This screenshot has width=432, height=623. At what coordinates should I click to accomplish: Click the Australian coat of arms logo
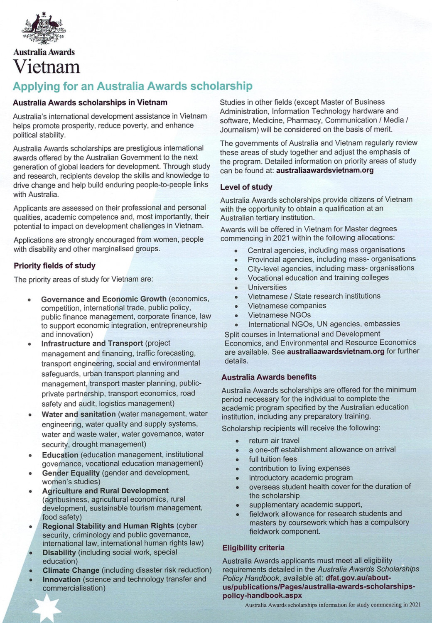tap(44, 29)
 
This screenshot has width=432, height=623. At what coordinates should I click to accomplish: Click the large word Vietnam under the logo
tap(47, 66)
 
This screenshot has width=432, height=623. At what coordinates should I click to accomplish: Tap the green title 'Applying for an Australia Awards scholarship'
tap(133, 86)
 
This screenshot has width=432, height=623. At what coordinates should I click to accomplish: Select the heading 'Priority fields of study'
tap(54, 265)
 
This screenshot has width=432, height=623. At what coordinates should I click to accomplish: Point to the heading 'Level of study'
tap(246, 187)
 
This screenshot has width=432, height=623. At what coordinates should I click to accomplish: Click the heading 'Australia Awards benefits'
tap(269, 377)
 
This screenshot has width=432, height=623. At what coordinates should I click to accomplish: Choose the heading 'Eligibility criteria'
tap(253, 547)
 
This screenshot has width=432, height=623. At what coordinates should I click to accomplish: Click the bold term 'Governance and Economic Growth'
tap(103, 299)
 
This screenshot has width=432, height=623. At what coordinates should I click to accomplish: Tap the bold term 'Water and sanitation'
tap(79, 414)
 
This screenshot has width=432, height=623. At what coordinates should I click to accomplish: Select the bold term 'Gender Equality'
tap(71, 473)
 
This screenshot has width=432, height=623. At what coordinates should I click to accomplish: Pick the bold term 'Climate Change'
tap(71, 570)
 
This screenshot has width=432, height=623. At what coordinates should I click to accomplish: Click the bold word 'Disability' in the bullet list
tap(59, 552)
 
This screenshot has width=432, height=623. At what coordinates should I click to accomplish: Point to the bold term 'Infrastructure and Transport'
tap(92, 343)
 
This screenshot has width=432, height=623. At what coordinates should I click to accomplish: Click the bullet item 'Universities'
tap(267, 287)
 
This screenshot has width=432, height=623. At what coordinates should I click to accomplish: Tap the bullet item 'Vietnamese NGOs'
tap(279, 315)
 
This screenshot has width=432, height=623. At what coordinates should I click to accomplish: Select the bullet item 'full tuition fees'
tap(273, 459)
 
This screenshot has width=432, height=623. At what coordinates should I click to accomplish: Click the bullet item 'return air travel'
tap(274, 440)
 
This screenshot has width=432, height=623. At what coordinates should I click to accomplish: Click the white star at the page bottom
tap(46, 608)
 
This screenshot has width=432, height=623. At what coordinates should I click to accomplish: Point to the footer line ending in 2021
tap(332, 605)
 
